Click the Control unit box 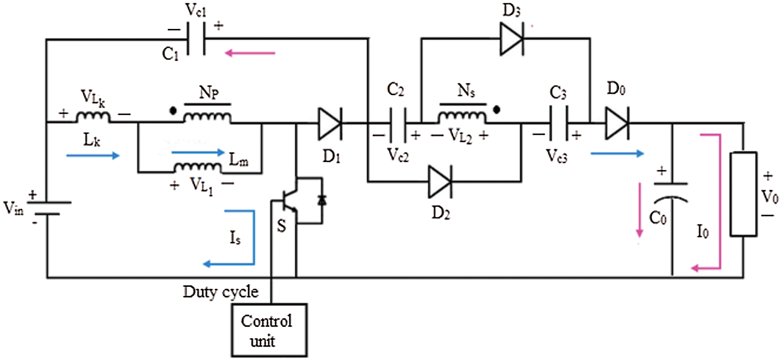269,330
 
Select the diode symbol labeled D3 511,39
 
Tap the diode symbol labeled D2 440,182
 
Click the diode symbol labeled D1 330,123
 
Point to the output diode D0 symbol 617,123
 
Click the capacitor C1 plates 196,39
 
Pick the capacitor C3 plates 558,123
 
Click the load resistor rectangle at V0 743,194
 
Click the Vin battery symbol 46,208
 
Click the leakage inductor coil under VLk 93,117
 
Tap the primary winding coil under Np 207,117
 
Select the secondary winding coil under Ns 462,117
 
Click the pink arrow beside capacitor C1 250,54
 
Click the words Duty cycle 220,292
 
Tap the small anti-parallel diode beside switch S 322,200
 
